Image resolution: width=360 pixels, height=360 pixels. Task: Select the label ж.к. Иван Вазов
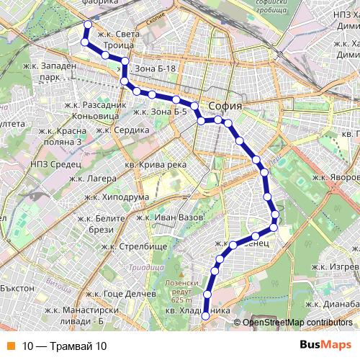click(x=169, y=217)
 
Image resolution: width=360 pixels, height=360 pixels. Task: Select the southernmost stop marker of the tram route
click(x=204, y=315)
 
